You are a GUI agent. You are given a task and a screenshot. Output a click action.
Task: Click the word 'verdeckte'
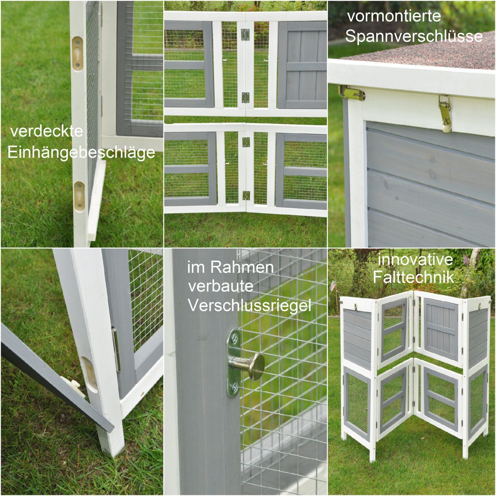[47, 131]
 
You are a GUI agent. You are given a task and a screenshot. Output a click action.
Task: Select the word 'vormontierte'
[394, 16]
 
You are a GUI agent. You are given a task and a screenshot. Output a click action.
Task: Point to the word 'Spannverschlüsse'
[414, 36]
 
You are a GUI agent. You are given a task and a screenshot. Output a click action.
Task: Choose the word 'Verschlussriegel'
[250, 306]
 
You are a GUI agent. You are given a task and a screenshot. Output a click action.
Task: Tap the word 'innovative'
[415, 259]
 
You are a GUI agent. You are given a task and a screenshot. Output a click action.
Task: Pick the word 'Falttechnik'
[413, 277]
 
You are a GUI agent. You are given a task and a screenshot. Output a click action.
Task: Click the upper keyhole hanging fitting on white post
[77, 54]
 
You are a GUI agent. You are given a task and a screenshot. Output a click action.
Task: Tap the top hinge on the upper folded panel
[245, 35]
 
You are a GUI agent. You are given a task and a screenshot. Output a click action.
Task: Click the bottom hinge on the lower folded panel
[246, 195]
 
